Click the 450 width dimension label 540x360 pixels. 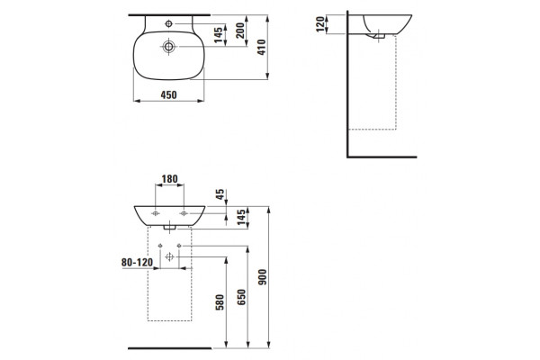(169, 94)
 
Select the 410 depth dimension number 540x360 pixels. (262, 47)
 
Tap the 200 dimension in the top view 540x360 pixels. (240, 31)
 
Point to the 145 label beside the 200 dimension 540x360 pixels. (219, 35)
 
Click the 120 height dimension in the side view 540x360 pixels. (320, 24)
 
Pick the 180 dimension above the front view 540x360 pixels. (170, 179)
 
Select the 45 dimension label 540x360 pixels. (220, 194)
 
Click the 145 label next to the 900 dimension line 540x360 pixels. (241, 217)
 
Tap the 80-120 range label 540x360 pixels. (137, 263)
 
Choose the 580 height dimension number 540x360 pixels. (220, 302)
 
